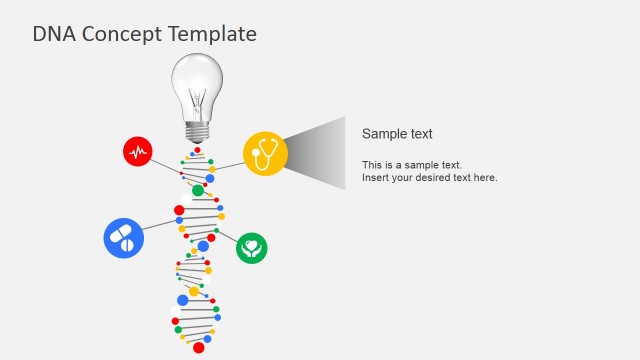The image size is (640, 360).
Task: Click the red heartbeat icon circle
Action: coord(138,152)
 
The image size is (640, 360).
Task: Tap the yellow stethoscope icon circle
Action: coord(265,154)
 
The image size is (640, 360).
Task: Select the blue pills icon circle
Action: coord(124,238)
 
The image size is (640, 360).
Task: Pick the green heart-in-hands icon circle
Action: coord(252,247)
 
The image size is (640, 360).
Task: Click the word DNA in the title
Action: coord(53,34)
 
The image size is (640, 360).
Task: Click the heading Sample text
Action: coord(397,134)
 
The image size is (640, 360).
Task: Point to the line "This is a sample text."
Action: coord(412,165)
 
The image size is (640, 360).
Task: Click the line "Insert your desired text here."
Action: coord(429,178)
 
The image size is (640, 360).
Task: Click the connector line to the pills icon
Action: coord(160,226)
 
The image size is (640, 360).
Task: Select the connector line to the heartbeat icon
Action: coord(166,167)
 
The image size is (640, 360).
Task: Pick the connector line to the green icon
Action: coord(227,236)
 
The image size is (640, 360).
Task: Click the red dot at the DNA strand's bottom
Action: coord(198,348)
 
